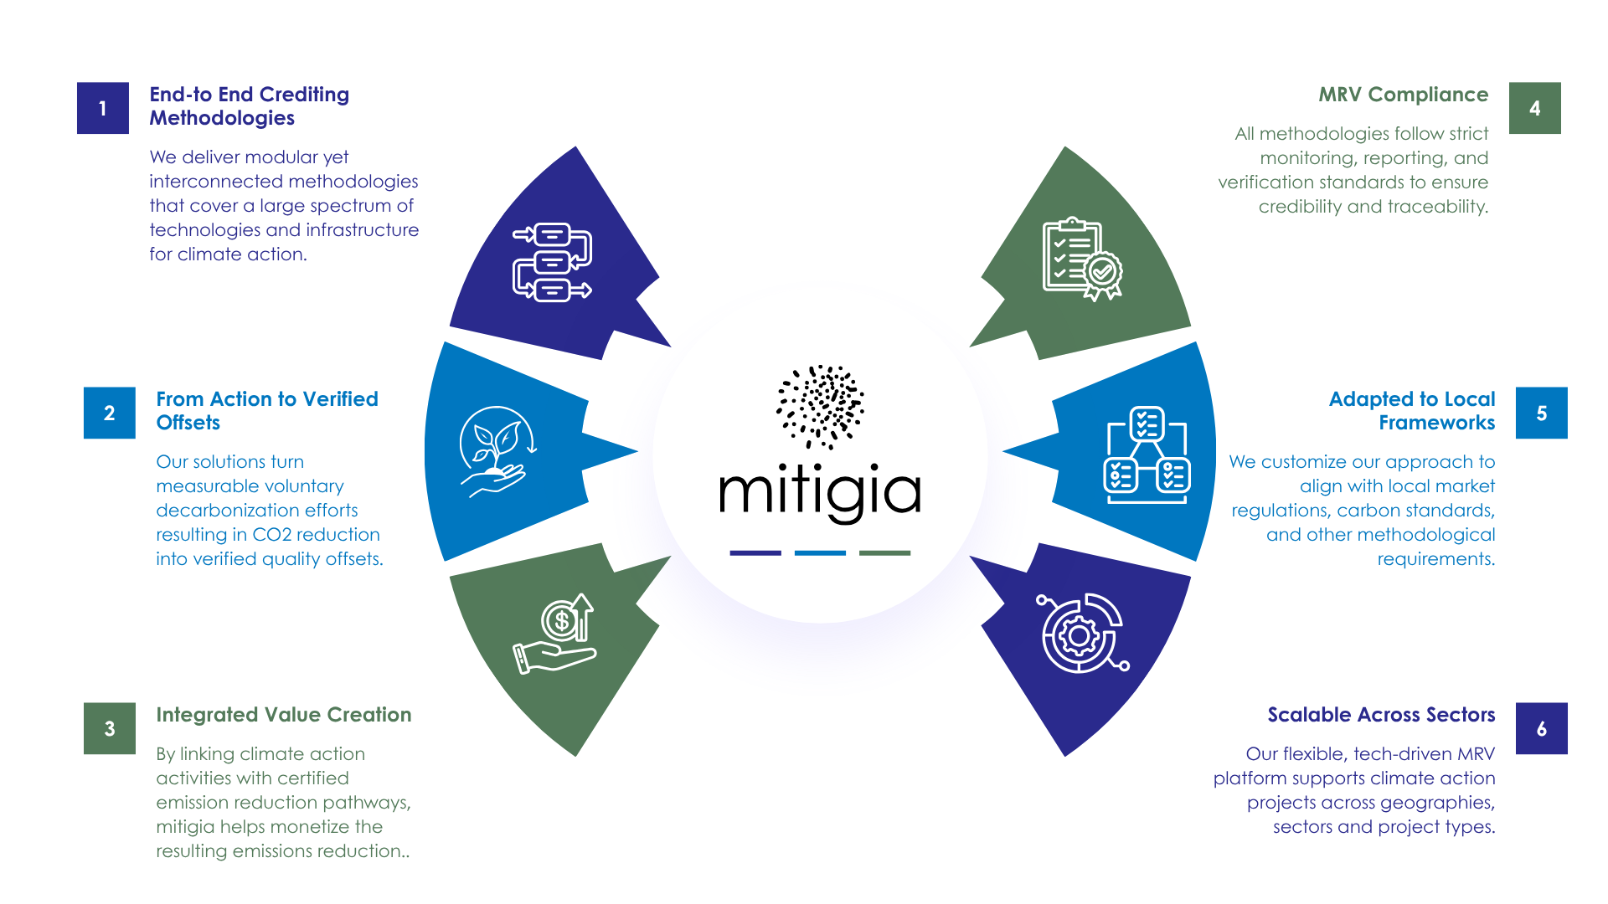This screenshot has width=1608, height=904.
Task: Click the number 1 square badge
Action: [x=103, y=108]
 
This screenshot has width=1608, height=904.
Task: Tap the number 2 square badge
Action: [x=110, y=413]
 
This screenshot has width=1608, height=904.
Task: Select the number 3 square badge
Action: [x=110, y=728]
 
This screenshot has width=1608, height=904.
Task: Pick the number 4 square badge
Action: [x=1534, y=108]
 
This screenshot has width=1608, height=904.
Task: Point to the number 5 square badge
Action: [x=1541, y=413]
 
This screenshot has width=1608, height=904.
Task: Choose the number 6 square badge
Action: [x=1541, y=728]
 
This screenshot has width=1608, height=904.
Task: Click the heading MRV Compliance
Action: [x=1403, y=95]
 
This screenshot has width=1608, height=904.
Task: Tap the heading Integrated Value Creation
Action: [x=283, y=715]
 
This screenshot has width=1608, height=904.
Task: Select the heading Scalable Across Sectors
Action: [x=1380, y=715]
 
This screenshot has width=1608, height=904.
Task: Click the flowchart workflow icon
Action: [x=552, y=262]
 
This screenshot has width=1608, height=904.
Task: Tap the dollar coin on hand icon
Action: [x=556, y=634]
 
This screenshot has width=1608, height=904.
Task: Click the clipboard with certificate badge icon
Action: [x=1081, y=259]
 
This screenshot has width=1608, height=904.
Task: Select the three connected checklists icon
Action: [x=1147, y=455]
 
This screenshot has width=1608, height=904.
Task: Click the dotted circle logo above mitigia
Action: [x=821, y=406]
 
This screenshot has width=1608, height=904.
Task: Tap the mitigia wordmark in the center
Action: [x=820, y=493]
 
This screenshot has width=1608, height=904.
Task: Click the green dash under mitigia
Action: [x=884, y=552]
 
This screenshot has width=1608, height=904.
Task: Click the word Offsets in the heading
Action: [x=188, y=423]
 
